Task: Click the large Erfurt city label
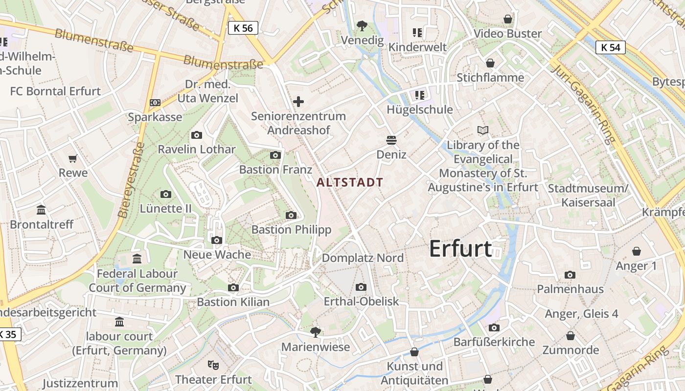(460, 249)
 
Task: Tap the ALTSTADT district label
(350, 182)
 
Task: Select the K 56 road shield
(243, 28)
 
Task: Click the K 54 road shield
(611, 47)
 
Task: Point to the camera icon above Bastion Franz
(275, 155)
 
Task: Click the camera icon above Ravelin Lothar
(197, 135)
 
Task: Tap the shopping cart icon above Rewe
(73, 158)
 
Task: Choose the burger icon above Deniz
(391, 140)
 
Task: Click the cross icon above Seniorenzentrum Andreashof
(298, 102)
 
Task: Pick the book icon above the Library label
(483, 130)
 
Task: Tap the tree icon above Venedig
(362, 25)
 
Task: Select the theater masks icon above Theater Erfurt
(213, 365)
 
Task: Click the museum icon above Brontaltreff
(42, 210)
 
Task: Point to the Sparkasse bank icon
(155, 103)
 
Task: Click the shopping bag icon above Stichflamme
(490, 63)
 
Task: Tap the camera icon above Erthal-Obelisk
(361, 287)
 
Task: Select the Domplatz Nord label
(363, 258)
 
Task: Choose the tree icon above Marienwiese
(316, 332)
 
